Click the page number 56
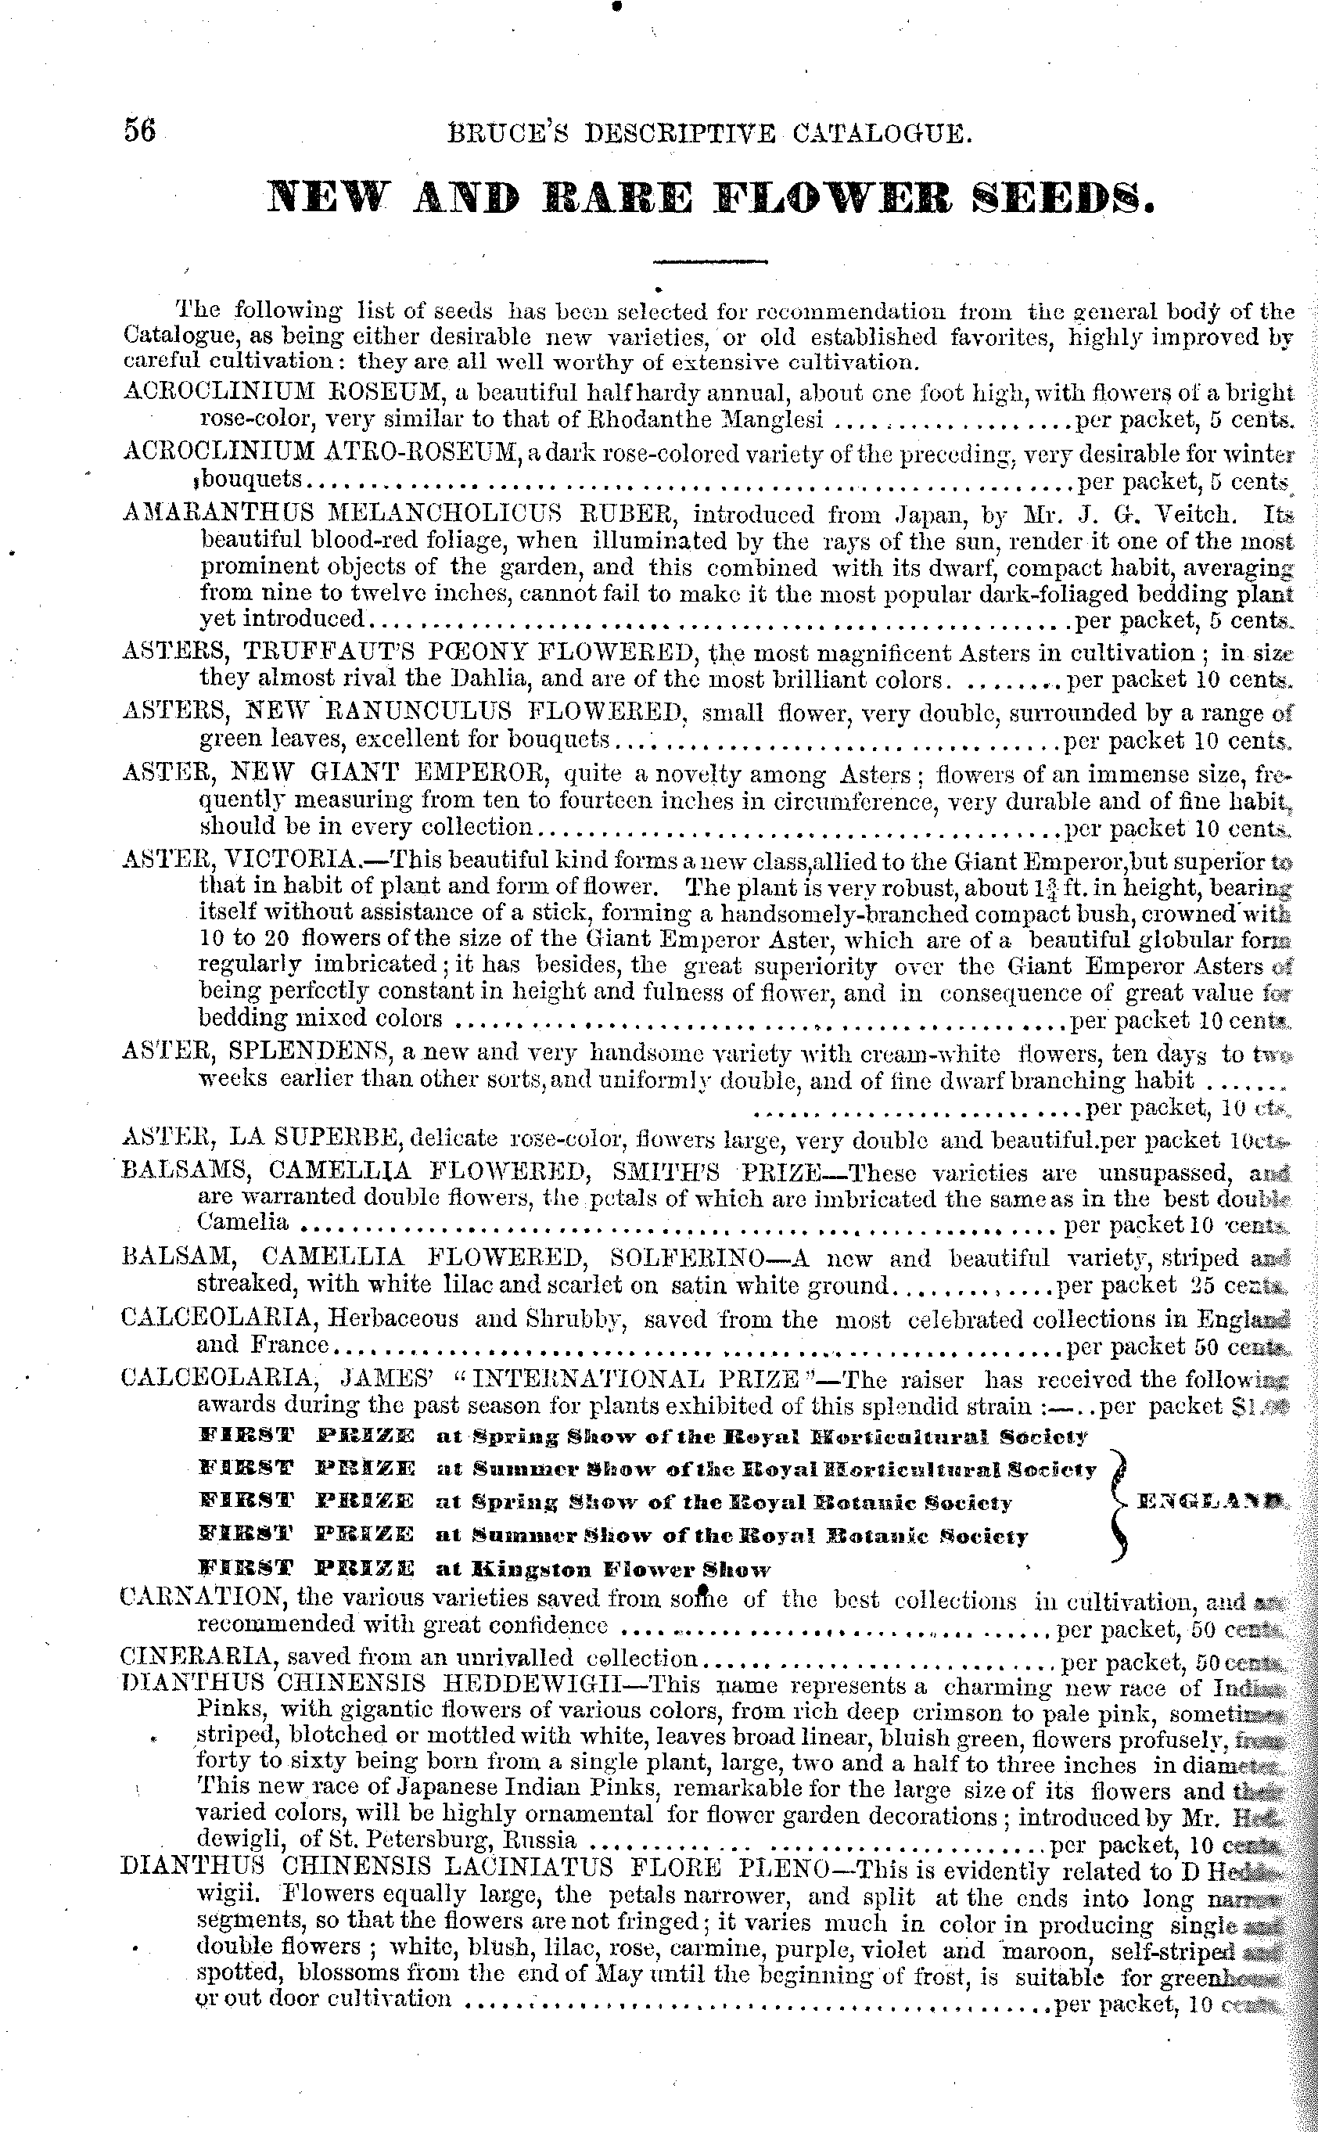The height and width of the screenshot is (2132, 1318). [139, 131]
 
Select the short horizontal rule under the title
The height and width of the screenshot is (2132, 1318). [709, 261]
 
